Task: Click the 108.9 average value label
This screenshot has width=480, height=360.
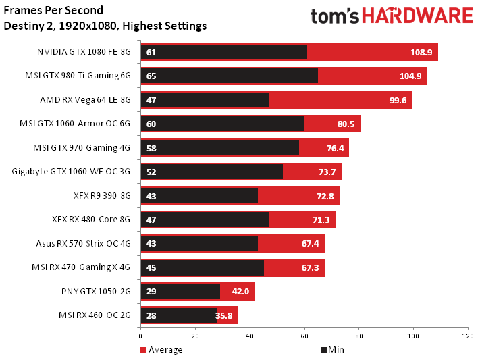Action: pos(422,52)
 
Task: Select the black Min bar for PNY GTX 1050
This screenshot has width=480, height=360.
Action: pos(181,292)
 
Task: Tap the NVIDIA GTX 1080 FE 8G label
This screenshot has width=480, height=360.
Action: pos(84,52)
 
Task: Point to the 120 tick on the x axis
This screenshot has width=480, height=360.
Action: pos(466,335)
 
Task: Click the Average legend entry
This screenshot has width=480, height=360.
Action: pos(161,350)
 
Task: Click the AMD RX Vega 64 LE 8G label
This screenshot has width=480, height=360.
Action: pos(85,100)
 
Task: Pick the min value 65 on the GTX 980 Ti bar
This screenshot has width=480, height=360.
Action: pos(151,76)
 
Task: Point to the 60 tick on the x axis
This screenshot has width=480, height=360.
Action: pos(304,335)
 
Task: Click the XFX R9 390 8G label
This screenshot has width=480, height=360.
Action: pos(93,196)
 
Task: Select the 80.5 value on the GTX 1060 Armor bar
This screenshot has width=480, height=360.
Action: pos(345,124)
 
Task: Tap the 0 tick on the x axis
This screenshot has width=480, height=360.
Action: pos(140,335)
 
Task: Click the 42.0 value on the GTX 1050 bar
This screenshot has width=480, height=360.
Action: pos(241,292)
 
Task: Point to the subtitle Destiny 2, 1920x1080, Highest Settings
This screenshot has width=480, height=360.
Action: pos(105,26)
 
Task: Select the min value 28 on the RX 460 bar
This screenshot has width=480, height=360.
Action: pos(151,315)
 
